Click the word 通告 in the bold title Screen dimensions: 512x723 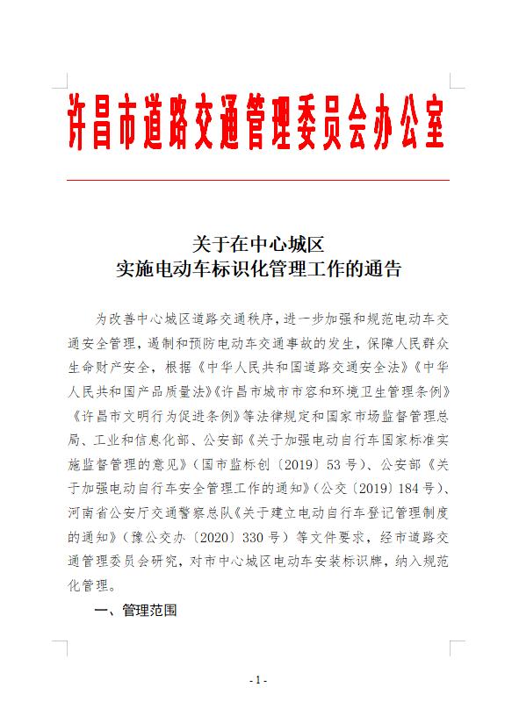point(383,269)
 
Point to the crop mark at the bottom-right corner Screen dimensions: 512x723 point(456,648)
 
